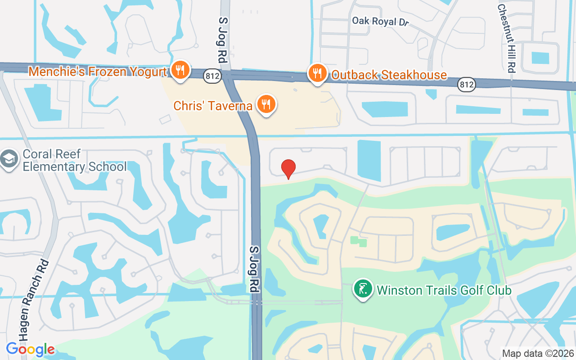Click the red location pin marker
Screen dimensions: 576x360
[x=288, y=169]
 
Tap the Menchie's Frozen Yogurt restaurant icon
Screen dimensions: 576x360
[x=180, y=70]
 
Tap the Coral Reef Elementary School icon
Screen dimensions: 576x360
[x=9, y=159]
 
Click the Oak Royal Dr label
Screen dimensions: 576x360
[x=380, y=21]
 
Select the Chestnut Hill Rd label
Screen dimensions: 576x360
[x=506, y=38]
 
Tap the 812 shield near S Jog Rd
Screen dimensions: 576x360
[x=211, y=76]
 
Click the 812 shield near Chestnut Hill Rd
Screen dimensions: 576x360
[x=467, y=84]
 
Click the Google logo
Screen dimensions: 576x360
[x=30, y=349]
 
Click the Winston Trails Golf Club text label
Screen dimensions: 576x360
[x=444, y=290]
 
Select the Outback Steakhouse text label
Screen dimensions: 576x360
[x=389, y=75]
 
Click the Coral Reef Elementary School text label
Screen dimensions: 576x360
[x=75, y=160]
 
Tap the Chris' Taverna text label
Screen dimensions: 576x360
[x=213, y=106]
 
